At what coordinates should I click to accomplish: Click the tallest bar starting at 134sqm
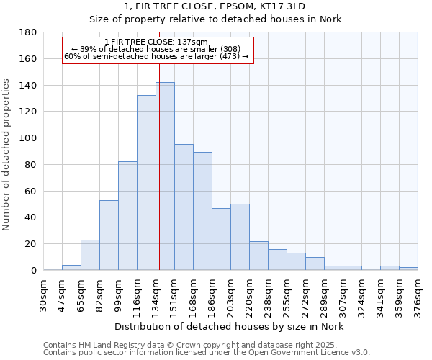coord(165,176)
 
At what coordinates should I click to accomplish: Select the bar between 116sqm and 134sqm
coord(146,183)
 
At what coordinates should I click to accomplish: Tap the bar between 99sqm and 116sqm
coord(127,216)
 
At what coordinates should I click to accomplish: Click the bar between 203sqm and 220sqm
coord(240,237)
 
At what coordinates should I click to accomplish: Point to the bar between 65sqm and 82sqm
coord(90,255)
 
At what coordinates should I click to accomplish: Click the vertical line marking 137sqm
coord(159,166)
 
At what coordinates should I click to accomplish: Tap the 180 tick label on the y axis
coord(29,32)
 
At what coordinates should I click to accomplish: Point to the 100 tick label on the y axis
coord(29,138)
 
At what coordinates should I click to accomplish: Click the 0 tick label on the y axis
coord(33,271)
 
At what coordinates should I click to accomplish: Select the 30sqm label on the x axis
coord(43,295)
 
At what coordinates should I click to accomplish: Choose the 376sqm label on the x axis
coord(418,295)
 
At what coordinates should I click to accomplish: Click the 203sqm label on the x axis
coord(230,295)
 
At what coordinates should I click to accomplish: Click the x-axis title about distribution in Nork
coord(230,326)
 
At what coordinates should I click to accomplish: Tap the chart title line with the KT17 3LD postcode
coord(216,6)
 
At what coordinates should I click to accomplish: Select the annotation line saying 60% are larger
coord(156,56)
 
